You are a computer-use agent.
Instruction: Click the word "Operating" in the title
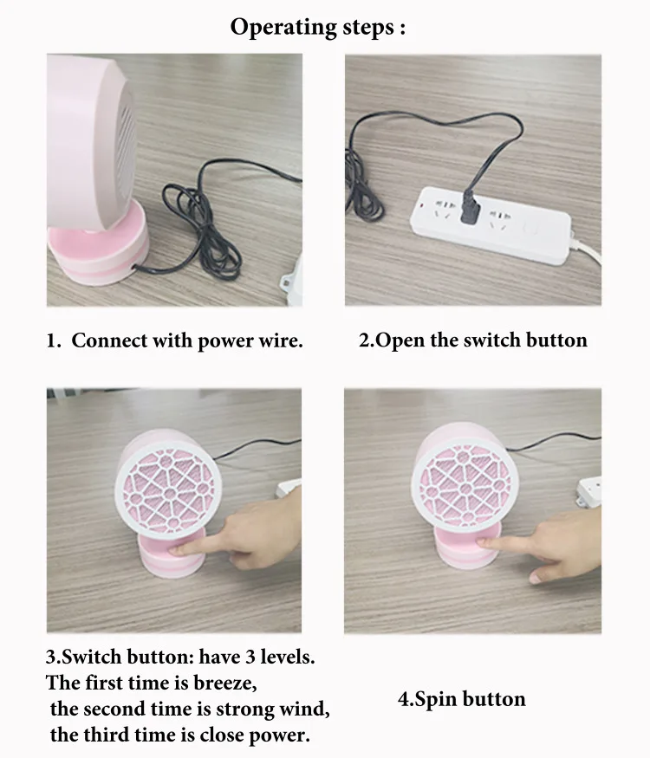[x=283, y=28]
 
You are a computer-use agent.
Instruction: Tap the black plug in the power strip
[x=470, y=209]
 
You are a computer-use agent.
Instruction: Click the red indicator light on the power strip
[x=421, y=206]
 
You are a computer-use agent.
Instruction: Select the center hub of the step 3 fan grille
[x=169, y=493]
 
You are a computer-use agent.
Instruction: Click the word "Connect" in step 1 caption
[x=109, y=340]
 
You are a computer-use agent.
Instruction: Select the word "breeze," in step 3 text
[x=224, y=683]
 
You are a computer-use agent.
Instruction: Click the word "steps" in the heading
[x=368, y=28]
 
